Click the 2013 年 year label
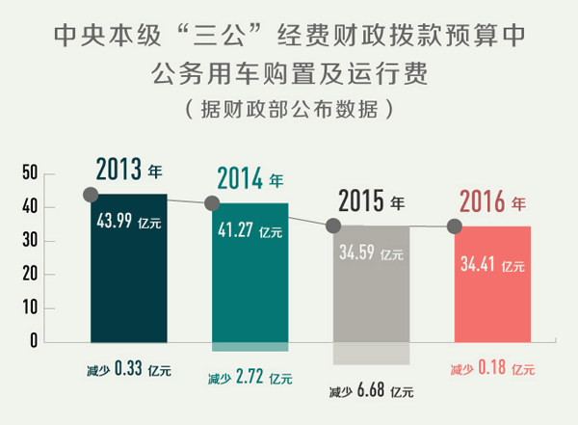click(x=129, y=171)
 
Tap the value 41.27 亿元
click(x=250, y=230)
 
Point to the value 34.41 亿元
click(x=493, y=262)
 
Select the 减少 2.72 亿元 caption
click(x=250, y=377)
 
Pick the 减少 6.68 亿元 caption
click(x=371, y=391)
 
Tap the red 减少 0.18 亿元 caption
click(x=492, y=368)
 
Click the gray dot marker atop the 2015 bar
click(x=334, y=226)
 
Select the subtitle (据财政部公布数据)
click(x=288, y=109)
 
